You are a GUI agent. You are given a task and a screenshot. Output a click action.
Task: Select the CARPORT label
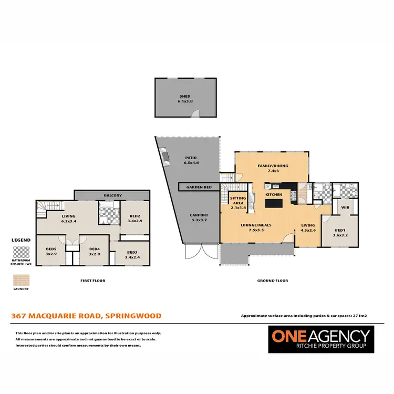click(x=199, y=215)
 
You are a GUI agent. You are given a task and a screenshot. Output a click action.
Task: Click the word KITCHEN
click(x=274, y=194)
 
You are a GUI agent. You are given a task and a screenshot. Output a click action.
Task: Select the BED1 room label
click(x=340, y=230)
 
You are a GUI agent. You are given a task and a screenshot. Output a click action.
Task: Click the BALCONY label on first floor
click(x=113, y=195)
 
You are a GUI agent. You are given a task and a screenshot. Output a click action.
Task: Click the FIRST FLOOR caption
click(x=92, y=281)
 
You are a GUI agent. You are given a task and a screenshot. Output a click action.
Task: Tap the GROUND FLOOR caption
click(x=272, y=281)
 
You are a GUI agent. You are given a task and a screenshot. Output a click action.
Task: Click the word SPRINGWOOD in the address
click(x=133, y=316)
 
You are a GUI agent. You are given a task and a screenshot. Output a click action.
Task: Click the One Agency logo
click(x=319, y=340)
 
